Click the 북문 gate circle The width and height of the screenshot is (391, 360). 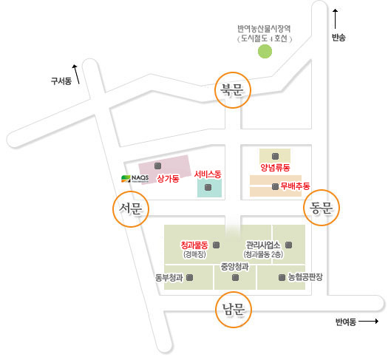coord(233,72)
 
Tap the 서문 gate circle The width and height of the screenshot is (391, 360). coord(131,191)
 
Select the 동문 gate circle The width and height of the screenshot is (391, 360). coord(322,191)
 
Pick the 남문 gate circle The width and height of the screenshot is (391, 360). coord(234,293)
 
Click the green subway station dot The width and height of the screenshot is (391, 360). coord(265,51)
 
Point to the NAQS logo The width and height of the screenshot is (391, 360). coord(135,178)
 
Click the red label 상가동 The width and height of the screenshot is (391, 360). coord(168,178)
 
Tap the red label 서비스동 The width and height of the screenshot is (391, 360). coord(208,174)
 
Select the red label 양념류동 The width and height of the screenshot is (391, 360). coord(275,167)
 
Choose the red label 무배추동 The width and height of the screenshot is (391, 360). coord(295,186)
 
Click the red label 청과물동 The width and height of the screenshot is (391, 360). coord(194,245)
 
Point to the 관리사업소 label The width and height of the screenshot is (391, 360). coord(263,245)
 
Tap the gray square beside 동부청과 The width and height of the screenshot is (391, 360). coord(190,277)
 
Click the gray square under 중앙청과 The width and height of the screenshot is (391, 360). coord(235,277)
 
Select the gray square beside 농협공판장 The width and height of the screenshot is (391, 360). coord(282,277)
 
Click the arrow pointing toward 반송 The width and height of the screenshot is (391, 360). coord(336,19)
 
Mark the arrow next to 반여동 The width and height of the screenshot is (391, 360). coord(369,322)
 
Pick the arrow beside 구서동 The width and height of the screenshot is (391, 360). coord(76,75)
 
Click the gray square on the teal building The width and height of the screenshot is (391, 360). coord(208,187)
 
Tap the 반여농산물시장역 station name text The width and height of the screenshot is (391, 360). coord(264,29)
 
